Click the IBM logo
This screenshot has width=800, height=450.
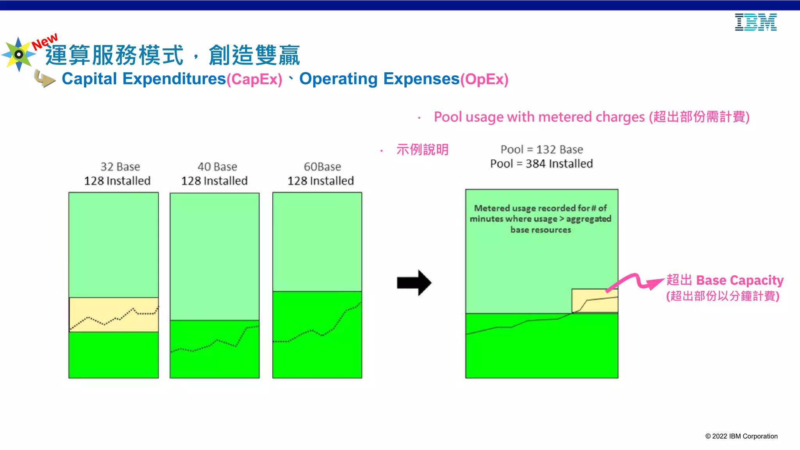755,22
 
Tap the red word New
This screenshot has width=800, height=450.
45,41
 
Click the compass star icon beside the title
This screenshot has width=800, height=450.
18,54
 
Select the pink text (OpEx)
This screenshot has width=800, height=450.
484,79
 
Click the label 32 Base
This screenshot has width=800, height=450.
120,167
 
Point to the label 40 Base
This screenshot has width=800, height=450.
217,167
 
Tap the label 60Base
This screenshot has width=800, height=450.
322,167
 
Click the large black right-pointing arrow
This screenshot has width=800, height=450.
414,282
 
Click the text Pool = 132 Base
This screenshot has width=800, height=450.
541,150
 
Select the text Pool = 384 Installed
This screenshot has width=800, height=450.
541,164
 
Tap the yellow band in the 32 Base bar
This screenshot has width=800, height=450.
113,314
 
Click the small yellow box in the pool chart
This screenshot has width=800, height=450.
595,300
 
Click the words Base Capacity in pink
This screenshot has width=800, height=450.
739,280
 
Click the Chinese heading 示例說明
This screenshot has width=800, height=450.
422,150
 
